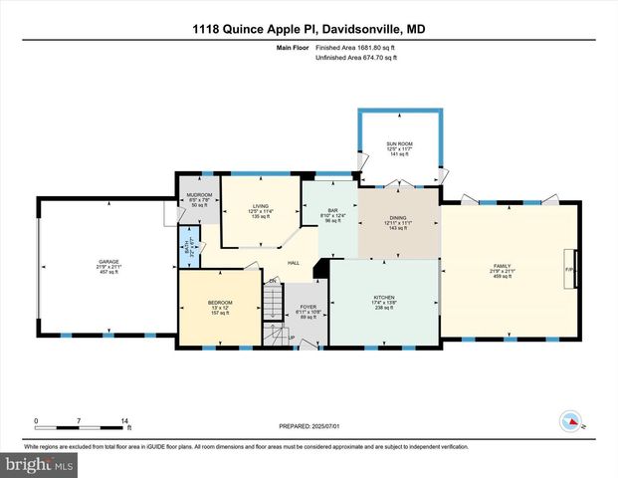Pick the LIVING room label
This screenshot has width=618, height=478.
coord(260,210)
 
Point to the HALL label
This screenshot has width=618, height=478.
coord(295,263)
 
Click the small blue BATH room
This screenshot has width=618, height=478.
coord(185,245)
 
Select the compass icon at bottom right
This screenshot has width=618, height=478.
coord(570,420)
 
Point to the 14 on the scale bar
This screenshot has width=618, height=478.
coord(125,420)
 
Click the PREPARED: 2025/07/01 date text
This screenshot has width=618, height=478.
coord(309,425)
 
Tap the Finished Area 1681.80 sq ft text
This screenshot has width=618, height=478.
coord(355,48)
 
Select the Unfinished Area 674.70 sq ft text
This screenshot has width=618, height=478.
coord(355,59)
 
